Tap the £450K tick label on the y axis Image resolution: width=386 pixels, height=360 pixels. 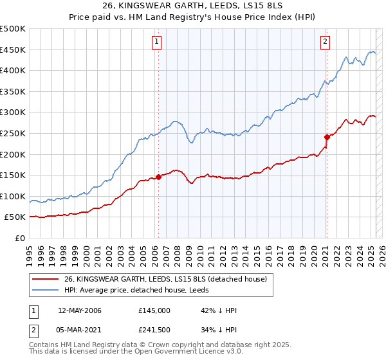coord(13,50)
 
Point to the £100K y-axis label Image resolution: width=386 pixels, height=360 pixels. coord(13,196)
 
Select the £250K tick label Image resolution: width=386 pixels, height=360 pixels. coord(13,133)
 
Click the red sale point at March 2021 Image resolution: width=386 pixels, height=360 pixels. coord(327,136)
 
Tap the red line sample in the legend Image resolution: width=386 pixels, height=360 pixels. coord(45,278)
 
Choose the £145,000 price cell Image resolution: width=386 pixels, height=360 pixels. coord(154,310)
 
